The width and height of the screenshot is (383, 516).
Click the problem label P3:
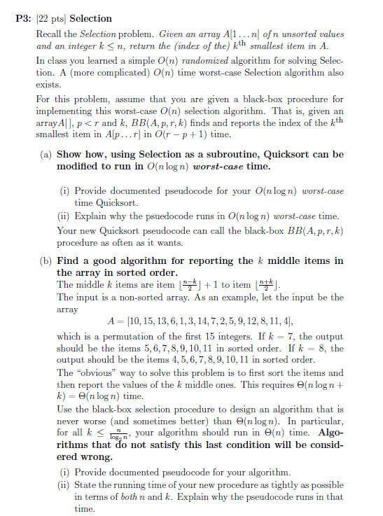[22, 18]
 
